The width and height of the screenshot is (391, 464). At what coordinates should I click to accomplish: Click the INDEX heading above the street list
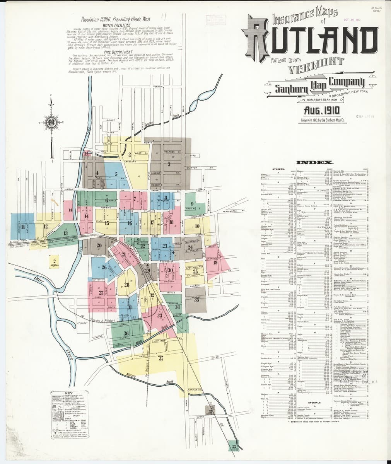point(315,163)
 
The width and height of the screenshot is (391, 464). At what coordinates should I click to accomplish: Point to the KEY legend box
point(71,415)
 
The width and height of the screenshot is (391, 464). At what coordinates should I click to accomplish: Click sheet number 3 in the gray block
point(169,164)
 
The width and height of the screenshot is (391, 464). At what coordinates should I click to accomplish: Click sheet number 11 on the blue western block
point(23,227)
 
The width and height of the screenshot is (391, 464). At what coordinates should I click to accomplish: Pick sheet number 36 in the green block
point(126,333)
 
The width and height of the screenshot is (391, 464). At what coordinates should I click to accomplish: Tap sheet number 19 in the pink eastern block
point(215,263)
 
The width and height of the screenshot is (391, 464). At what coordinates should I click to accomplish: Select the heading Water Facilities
point(116,25)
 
